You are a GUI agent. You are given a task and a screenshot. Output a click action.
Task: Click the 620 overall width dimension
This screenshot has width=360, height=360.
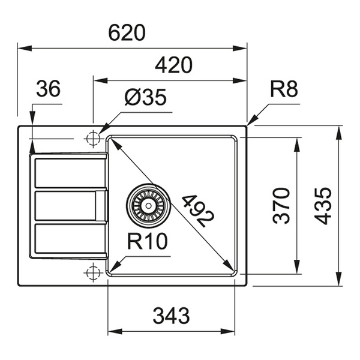127,32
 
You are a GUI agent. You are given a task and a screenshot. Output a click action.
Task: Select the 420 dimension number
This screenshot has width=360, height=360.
173,65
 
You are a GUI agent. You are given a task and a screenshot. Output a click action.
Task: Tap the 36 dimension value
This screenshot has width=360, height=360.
49,88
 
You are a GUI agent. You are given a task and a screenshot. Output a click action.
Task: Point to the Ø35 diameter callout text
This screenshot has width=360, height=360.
146,97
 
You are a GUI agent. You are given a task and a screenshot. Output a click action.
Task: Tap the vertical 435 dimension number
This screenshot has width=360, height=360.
323,206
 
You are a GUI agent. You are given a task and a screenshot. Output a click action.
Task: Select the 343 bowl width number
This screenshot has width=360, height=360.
171,316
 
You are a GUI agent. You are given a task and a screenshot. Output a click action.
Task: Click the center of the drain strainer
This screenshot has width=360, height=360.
149,205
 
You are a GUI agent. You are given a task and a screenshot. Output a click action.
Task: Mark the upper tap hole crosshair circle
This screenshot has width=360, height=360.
93,139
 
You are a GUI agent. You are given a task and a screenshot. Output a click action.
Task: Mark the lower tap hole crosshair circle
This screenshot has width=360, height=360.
93,272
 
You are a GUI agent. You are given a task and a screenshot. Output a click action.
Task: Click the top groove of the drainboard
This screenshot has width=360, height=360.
70,173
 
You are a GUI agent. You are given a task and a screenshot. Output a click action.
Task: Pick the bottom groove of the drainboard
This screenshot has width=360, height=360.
70,238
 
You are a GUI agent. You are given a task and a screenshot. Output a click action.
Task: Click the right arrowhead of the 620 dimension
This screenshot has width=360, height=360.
239,49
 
